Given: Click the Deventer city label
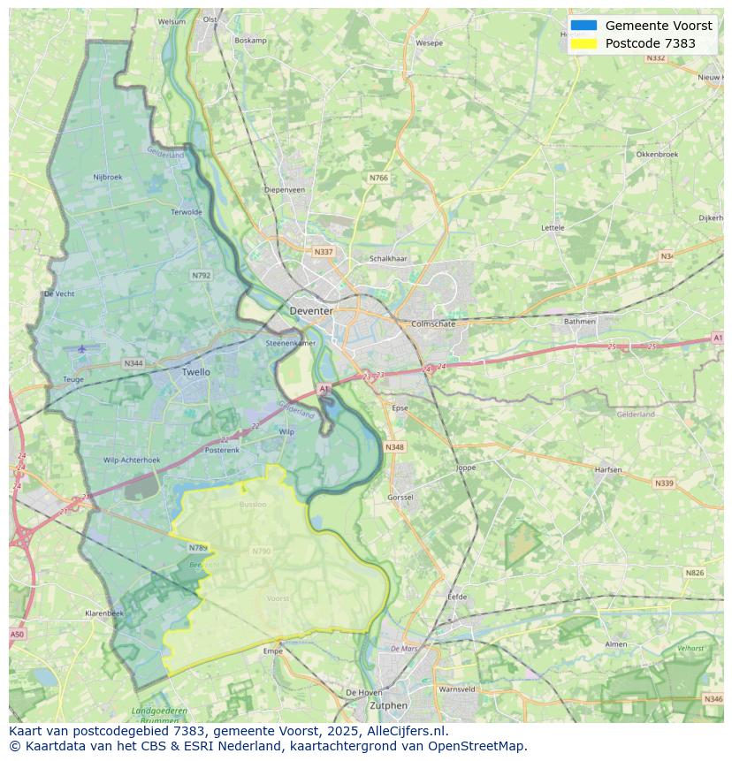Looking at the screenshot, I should click(x=311, y=311).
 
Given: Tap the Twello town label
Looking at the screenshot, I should click(x=196, y=372).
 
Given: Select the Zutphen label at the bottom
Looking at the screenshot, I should click(x=388, y=705).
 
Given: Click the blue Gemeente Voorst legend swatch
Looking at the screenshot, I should click(x=583, y=26).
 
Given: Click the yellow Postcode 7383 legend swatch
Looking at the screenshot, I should click(x=583, y=43).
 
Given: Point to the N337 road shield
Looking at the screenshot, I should click(x=324, y=252).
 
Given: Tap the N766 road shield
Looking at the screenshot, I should click(x=378, y=178).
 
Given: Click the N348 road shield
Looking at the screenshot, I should click(x=394, y=447).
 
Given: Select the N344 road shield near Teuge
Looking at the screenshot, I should click(x=133, y=363).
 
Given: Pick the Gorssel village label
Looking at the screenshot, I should click(x=400, y=498).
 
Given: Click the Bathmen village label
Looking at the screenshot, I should click(x=580, y=321).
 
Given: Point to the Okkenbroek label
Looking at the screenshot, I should click(x=657, y=154).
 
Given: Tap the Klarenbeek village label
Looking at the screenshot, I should click(x=104, y=613).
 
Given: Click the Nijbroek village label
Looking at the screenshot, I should click(x=108, y=177).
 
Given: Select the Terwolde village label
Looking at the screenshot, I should click(x=187, y=212).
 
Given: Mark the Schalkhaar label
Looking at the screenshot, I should click(x=388, y=259).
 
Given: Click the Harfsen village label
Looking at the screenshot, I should click(x=608, y=469).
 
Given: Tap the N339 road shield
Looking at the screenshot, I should click(x=664, y=483).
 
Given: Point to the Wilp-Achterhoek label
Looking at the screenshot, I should click(x=132, y=460).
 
